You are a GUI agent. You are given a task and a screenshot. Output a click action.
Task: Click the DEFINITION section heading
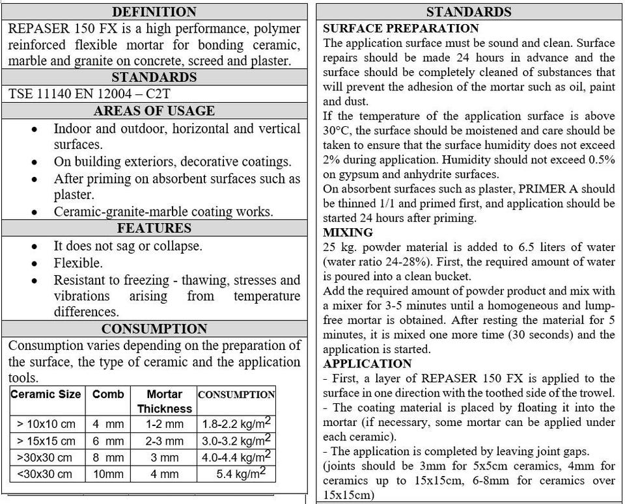coord(154,12)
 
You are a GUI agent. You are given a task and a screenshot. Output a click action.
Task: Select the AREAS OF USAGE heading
coord(154,111)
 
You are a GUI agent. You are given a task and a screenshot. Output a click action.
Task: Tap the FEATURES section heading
coord(154,228)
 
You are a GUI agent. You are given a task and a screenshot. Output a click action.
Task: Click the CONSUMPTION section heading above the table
coord(154,328)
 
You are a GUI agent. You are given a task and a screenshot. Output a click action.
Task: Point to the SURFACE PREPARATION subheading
coord(400,29)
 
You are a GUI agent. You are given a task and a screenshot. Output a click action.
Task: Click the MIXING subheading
coord(348,232)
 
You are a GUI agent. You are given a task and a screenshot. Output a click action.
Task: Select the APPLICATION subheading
coord(367,364)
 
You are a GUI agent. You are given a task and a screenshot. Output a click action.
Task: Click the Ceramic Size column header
coord(46,394)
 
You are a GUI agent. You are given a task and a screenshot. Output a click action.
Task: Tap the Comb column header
coord(108,394)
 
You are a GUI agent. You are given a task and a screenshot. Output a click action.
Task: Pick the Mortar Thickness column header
coord(164,401)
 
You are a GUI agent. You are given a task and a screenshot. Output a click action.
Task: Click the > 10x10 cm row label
coord(46,424)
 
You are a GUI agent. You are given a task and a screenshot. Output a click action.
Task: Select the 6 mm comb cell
coord(108,441)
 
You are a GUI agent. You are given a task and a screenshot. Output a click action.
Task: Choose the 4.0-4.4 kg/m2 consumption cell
coord(236,457)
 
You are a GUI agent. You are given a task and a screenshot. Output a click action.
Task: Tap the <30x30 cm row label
coord(46,474)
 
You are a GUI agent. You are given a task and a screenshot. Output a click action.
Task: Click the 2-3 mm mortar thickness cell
coord(164,441)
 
